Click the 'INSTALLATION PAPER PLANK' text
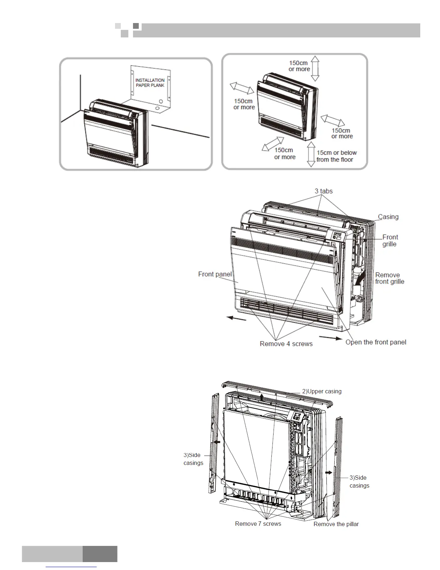150,83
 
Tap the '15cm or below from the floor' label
336,156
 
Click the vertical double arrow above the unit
315,68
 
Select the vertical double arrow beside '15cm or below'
311,154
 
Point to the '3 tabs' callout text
324,191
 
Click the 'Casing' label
388,217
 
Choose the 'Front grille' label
390,240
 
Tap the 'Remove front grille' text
390,278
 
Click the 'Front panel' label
215,274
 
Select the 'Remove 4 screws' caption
286,344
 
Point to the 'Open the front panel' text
376,342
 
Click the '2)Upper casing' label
322,391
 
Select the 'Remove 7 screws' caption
258,524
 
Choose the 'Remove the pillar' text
336,524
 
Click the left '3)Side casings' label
193,459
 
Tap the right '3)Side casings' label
359,481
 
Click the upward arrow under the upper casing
262,397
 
